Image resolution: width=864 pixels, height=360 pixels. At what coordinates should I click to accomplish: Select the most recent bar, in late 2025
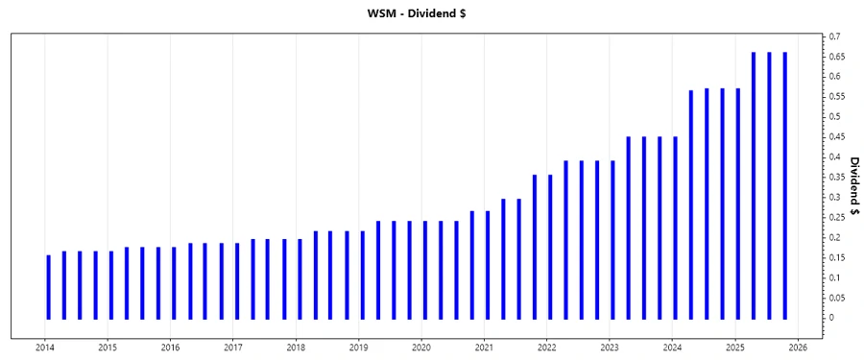(x=784, y=184)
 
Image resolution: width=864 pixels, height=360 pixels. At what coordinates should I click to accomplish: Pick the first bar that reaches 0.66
(x=754, y=184)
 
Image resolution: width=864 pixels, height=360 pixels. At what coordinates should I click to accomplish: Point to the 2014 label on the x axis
(x=45, y=348)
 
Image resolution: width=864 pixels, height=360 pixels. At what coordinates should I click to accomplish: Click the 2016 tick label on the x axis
(x=170, y=348)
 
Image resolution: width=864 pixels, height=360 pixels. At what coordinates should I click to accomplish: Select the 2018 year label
(x=296, y=348)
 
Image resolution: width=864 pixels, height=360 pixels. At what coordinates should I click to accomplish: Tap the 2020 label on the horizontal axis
(x=420, y=348)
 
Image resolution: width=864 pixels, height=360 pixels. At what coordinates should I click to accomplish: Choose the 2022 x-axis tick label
(x=546, y=348)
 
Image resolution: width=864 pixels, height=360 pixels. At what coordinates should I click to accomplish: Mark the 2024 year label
(x=672, y=348)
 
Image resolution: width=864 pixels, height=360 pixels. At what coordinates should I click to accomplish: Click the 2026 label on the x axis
(x=797, y=348)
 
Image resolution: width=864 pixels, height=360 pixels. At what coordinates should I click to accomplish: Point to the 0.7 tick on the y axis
(x=837, y=36)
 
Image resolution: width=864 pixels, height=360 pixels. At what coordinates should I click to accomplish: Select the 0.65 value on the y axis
(x=839, y=56)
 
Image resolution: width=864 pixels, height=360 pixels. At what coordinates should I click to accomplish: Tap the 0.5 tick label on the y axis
(x=837, y=116)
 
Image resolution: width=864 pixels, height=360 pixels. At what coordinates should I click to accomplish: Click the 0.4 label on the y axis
(x=837, y=156)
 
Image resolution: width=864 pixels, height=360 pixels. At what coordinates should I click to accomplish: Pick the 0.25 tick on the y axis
(x=839, y=217)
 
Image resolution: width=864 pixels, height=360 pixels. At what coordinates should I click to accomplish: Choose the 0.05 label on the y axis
(x=839, y=298)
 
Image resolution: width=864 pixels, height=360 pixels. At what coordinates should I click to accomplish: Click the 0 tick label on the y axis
(x=833, y=318)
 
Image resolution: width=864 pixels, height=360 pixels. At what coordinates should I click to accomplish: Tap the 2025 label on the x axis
(x=734, y=348)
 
